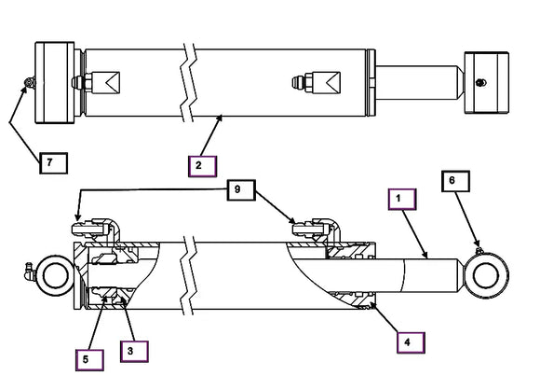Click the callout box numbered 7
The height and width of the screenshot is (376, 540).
point(53,162)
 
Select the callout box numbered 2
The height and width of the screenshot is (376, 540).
point(202,166)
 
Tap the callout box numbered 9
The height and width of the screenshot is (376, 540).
point(241,190)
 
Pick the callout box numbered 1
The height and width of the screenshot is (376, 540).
point(402,200)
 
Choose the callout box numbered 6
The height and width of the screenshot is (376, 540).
point(455,181)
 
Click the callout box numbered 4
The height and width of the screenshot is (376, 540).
point(411,342)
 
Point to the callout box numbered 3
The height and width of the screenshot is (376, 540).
point(134,352)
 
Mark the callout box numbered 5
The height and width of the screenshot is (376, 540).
point(89,360)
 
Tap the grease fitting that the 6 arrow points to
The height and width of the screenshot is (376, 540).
point(479,251)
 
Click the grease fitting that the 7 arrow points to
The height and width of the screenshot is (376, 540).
point(30,82)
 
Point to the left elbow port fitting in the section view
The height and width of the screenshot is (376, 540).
point(96,230)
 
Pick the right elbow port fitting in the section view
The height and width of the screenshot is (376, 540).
point(317,230)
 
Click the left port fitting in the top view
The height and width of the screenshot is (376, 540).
point(96,82)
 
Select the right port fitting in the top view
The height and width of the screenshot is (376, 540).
point(317,82)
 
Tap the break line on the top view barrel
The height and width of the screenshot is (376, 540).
point(189,83)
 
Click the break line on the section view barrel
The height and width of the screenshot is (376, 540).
point(189,275)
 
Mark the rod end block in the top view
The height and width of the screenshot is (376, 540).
point(486,82)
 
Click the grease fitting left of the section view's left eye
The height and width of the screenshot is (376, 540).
point(29,272)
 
